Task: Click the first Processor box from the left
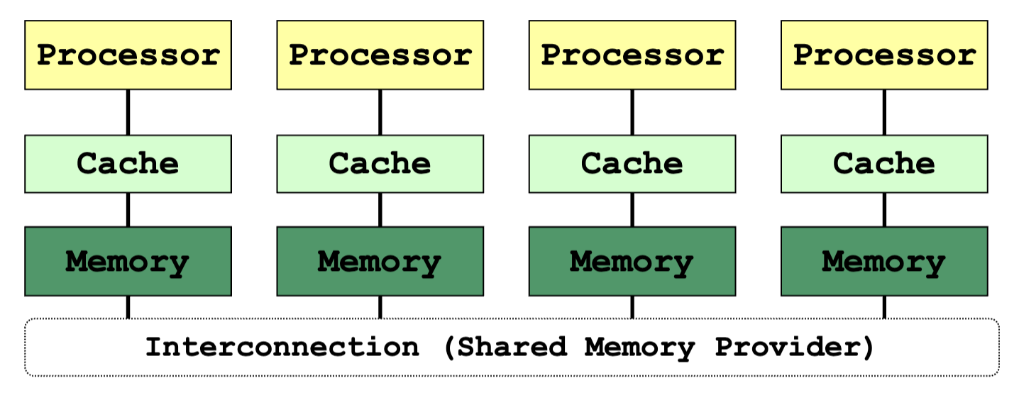click(128, 55)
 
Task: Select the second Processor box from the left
click(380, 55)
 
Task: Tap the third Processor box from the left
click(632, 55)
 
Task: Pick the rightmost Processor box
click(884, 55)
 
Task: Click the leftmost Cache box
click(128, 164)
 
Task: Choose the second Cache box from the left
click(380, 164)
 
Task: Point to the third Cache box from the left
click(632, 164)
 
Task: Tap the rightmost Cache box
click(884, 164)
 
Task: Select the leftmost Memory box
click(128, 262)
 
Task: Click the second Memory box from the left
click(380, 262)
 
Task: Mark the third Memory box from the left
click(632, 262)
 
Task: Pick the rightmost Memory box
click(884, 262)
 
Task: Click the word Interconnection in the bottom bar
click(282, 348)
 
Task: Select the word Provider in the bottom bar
click(793, 348)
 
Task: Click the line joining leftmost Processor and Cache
click(128, 112)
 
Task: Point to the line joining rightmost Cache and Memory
click(884, 210)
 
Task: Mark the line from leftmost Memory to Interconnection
click(128, 308)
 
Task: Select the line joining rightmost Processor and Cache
click(884, 112)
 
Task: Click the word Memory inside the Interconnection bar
click(639, 348)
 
